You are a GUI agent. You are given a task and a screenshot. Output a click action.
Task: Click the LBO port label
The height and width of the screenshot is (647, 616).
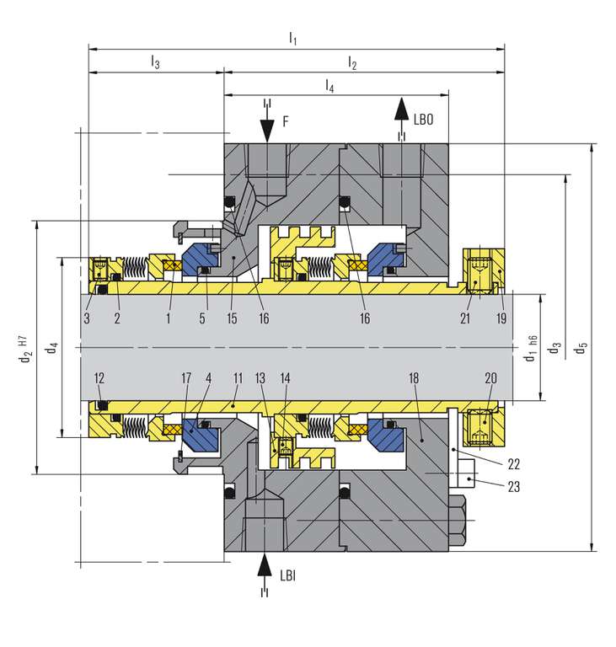coord(423,120)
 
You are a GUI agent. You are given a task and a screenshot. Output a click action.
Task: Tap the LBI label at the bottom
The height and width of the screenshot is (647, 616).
coord(287,575)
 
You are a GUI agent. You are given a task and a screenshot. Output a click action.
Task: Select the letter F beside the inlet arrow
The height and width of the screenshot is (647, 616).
coord(286,121)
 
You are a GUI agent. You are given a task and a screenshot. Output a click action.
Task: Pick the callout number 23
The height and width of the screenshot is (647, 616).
coord(513,487)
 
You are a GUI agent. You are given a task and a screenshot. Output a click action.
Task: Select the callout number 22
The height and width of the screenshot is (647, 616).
coord(513,464)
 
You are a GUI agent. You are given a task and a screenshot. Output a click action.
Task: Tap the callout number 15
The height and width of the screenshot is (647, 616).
coord(232,318)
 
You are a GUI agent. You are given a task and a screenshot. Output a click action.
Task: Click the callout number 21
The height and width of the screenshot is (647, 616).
coord(465,318)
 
